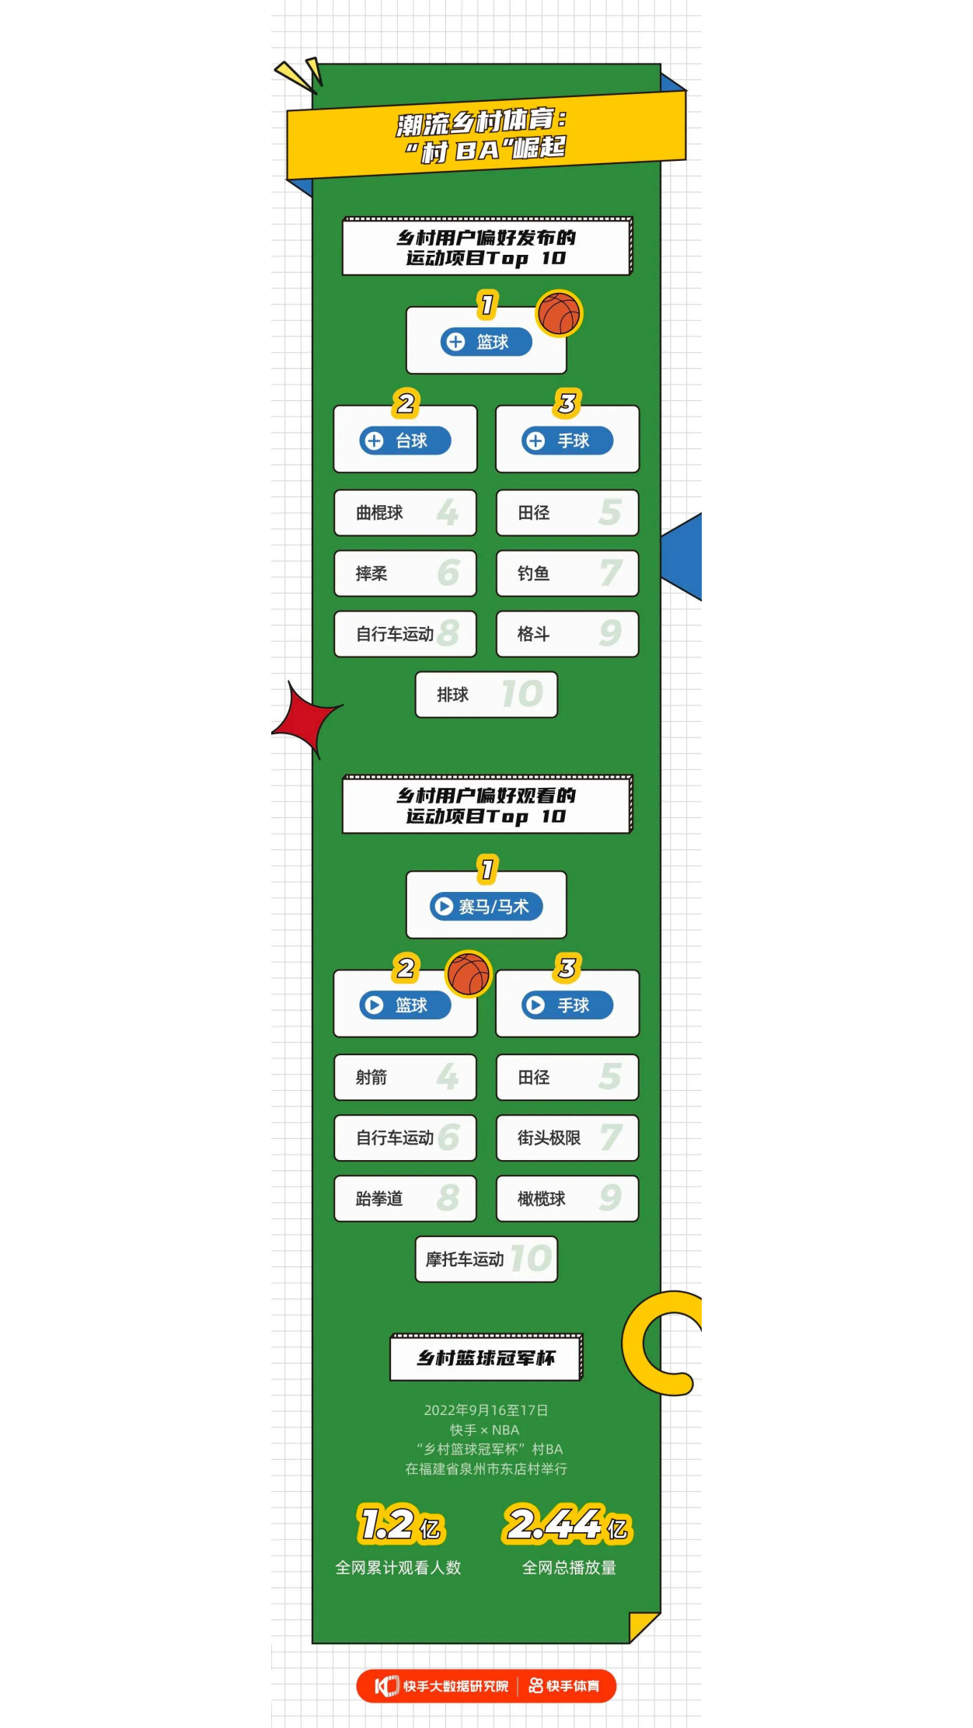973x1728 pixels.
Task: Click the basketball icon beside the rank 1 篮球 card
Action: tap(559, 313)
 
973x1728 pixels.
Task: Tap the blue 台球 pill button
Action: tap(405, 441)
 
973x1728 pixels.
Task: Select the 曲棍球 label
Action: tap(379, 513)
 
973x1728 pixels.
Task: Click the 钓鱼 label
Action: tap(533, 573)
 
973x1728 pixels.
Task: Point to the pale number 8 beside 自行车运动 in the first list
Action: tap(448, 633)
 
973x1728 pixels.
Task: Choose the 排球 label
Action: tap(452, 695)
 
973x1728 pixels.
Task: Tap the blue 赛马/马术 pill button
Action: tap(486, 907)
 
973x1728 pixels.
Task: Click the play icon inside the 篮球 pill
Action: tap(375, 1005)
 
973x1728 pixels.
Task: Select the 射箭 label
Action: tap(371, 1078)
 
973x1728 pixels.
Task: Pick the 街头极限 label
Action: tap(549, 1138)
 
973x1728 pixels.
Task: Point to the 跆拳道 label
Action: tap(379, 1199)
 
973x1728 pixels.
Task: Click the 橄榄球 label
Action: tap(541, 1199)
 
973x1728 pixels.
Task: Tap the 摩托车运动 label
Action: tap(465, 1259)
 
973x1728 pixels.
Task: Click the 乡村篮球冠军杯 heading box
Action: tap(486, 1358)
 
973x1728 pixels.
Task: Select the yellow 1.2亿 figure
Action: tap(400, 1524)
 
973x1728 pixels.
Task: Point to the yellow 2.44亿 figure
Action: tap(567, 1524)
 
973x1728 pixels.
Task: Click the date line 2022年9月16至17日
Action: tap(486, 1410)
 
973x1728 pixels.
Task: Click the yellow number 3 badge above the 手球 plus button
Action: tap(567, 403)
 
